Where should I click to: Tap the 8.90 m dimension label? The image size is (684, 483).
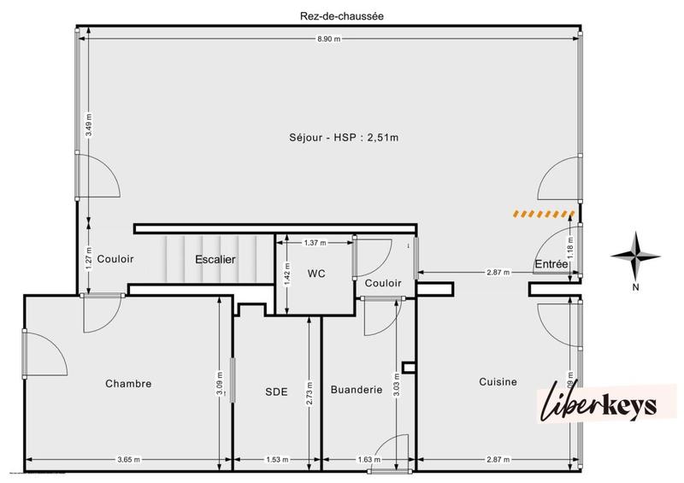click(x=330, y=38)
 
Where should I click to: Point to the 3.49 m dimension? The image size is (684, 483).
click(x=89, y=127)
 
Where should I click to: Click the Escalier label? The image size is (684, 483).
click(x=215, y=259)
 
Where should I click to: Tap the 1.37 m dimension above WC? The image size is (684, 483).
click(x=315, y=244)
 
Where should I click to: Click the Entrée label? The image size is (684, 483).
click(x=551, y=265)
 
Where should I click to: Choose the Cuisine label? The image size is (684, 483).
click(x=498, y=382)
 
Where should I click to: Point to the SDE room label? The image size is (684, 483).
click(x=276, y=392)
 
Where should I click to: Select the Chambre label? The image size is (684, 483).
click(x=128, y=384)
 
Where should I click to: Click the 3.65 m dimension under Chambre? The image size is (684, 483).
click(x=128, y=461)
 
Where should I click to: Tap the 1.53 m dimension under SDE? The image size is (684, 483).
click(x=276, y=461)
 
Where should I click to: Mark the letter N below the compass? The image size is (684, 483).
click(x=635, y=287)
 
